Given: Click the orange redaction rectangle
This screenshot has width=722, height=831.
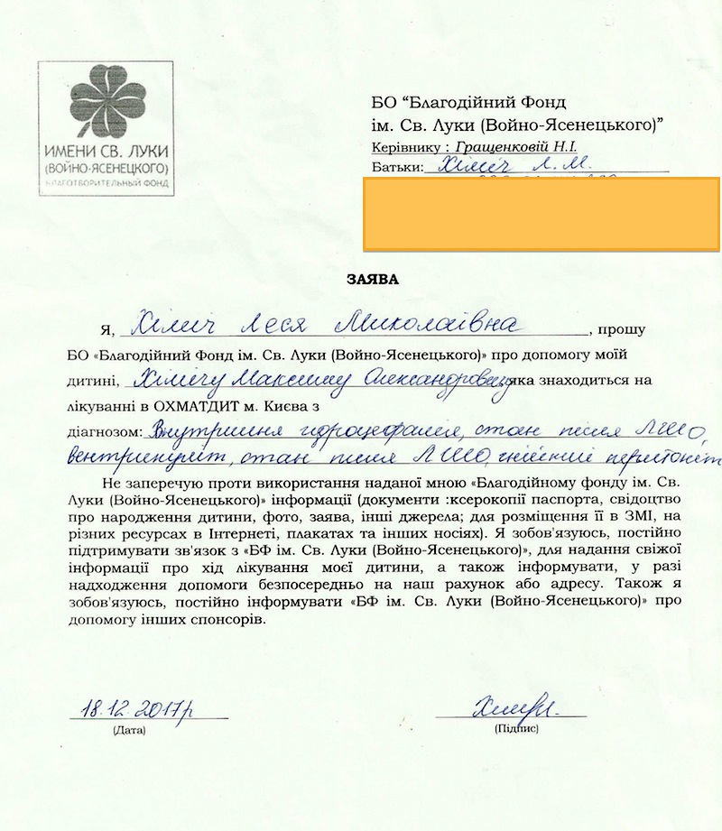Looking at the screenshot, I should pos(541,214).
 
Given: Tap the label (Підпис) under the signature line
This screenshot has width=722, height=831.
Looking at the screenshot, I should pos(516,726).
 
